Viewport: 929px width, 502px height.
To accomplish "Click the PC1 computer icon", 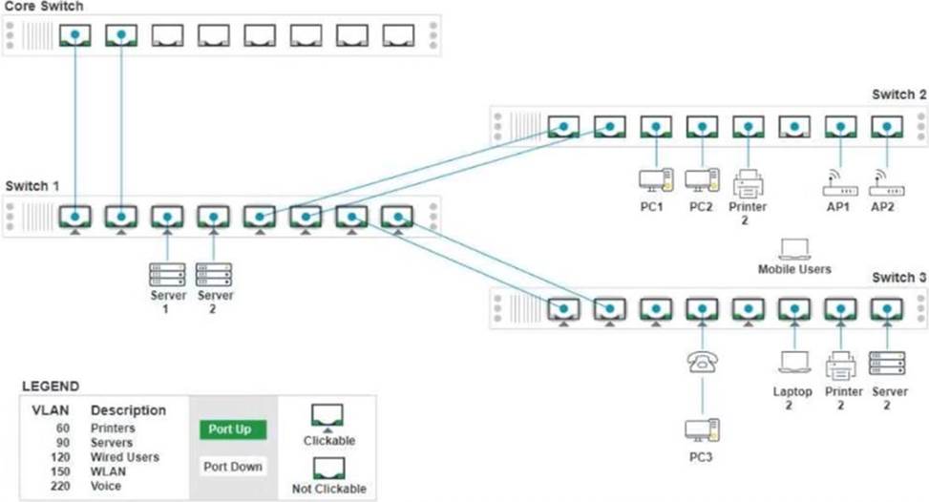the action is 656,180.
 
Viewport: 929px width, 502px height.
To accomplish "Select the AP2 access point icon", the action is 886,183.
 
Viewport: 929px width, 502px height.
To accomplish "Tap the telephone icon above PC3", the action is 703,362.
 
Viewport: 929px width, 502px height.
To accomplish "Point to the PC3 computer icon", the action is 702,430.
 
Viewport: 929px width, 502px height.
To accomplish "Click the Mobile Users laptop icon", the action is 794,249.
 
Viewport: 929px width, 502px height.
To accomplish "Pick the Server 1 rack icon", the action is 167,275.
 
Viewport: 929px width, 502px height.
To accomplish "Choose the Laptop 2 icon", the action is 794,362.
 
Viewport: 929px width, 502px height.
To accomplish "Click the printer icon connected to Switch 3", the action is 841,366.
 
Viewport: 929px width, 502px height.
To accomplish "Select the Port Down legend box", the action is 233,467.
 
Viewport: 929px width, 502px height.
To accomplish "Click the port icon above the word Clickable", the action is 327,415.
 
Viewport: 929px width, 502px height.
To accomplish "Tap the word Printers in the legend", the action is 113,428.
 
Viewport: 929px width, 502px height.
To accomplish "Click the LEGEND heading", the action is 51,387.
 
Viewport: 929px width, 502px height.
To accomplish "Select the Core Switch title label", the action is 43,7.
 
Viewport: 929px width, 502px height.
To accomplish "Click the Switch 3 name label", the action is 898,278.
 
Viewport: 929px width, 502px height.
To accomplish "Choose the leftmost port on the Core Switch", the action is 75,35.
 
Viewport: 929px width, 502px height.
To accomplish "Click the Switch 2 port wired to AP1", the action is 841,127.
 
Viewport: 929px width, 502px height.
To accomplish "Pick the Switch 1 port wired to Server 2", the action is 213,218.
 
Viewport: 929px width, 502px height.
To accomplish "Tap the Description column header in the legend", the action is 128,410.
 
